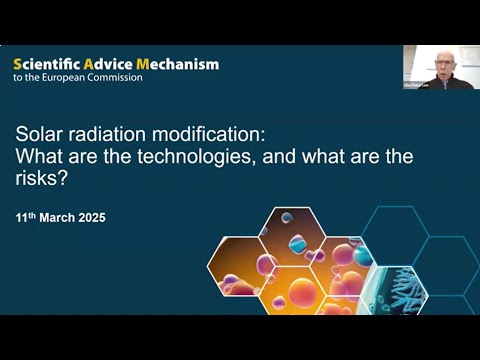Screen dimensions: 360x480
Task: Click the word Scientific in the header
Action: (46, 64)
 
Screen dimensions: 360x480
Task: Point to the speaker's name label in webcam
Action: (417, 86)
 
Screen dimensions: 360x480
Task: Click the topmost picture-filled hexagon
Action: (292, 229)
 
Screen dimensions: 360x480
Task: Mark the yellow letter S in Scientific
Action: (17, 64)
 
